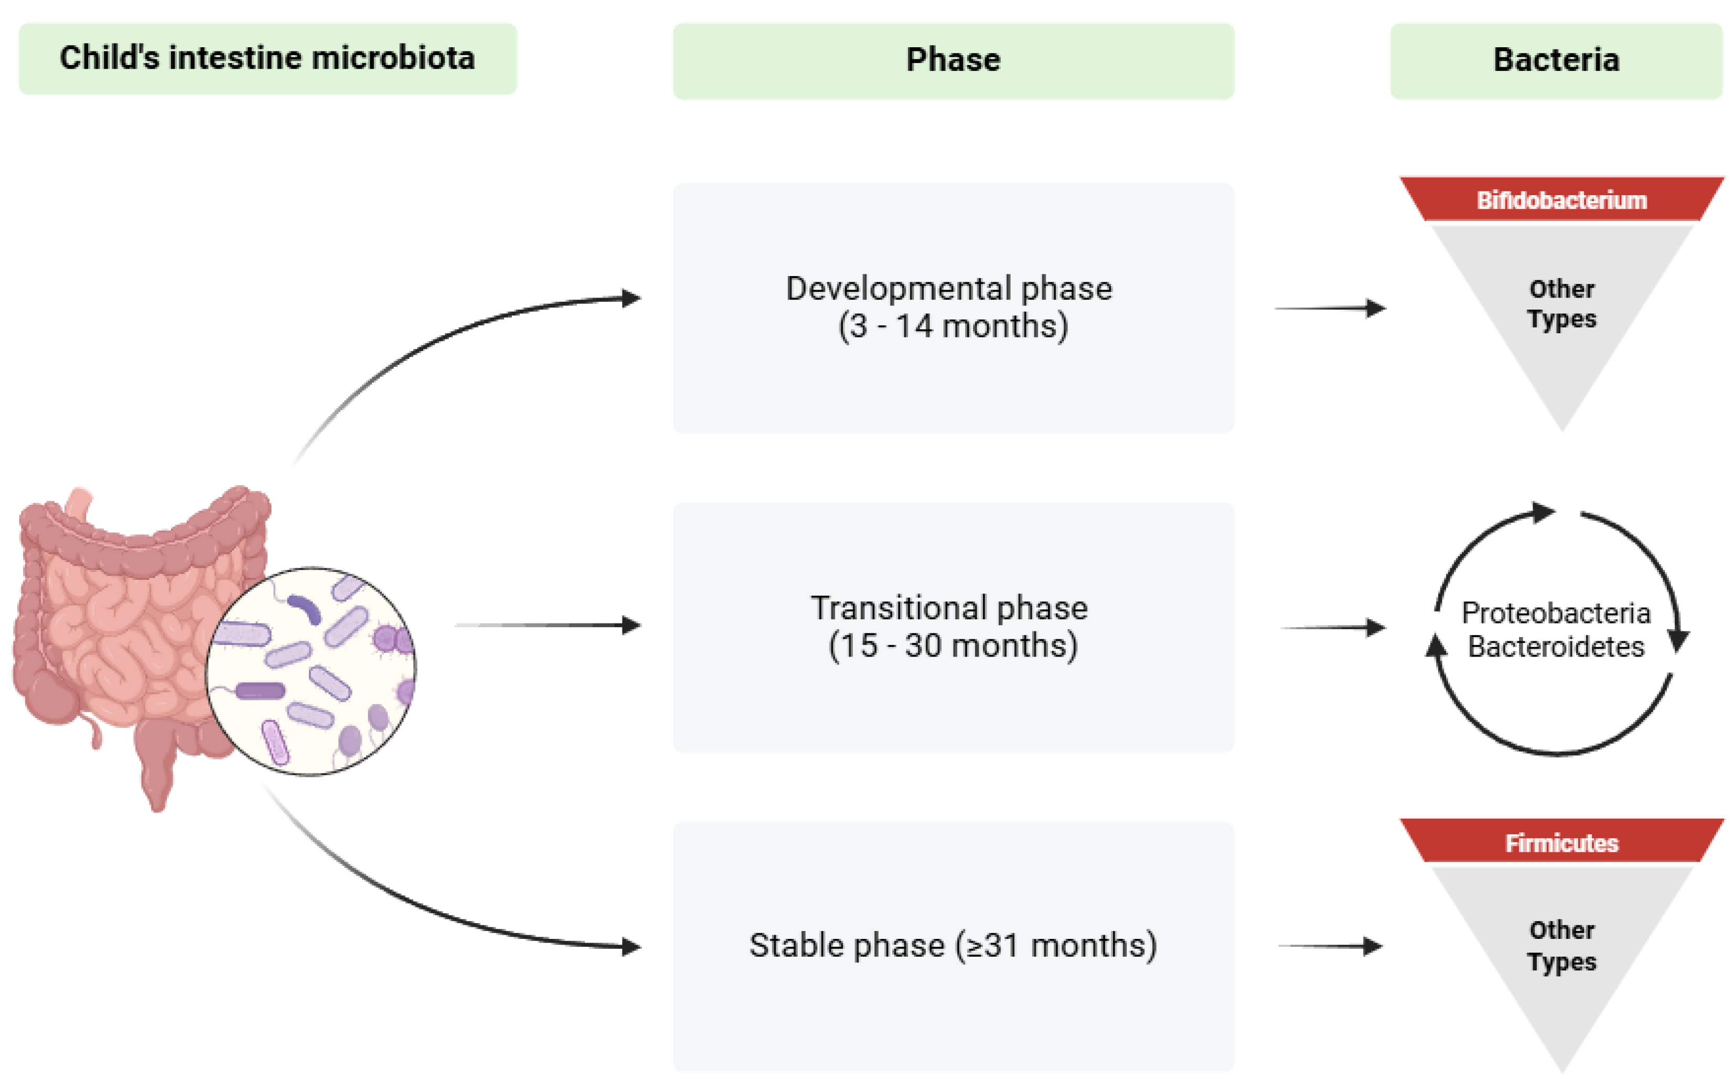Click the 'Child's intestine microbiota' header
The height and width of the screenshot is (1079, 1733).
click(267, 59)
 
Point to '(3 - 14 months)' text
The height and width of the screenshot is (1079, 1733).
click(953, 326)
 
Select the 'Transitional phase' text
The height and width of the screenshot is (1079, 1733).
click(948, 608)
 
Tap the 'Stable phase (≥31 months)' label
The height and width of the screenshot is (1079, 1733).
click(953, 946)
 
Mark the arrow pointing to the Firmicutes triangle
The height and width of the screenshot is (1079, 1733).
click(1330, 946)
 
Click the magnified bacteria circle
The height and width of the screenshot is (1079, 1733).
click(312, 671)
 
